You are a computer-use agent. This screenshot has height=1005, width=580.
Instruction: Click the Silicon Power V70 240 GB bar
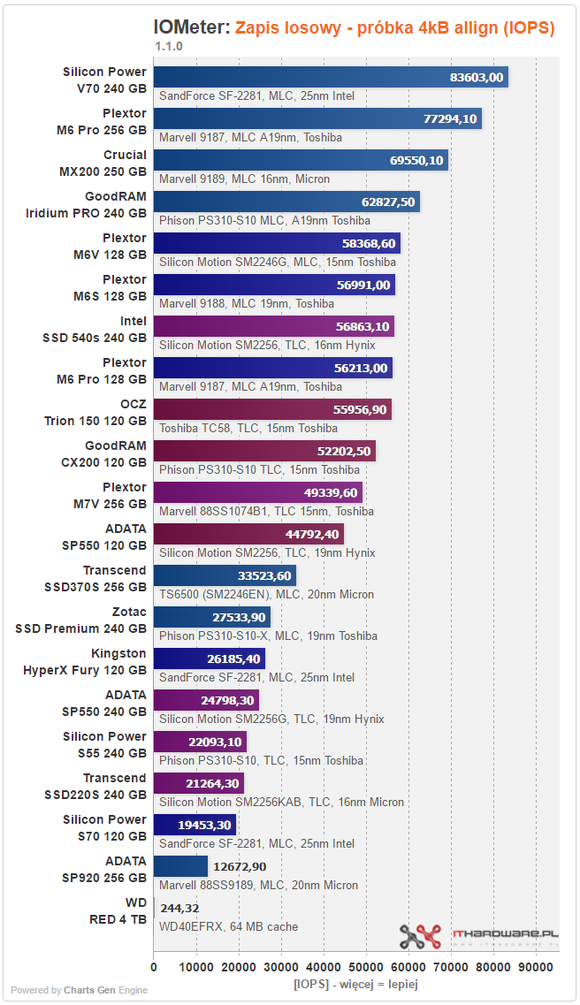click(331, 77)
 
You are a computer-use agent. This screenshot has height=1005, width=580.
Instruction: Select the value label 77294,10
click(450, 118)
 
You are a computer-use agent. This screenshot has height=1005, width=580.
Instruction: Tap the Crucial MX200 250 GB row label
click(103, 164)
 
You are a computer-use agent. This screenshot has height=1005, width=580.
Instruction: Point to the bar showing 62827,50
click(286, 202)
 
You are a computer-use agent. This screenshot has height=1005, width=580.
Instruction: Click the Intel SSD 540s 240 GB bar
click(274, 326)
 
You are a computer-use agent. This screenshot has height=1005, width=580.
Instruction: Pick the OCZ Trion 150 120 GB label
click(95, 413)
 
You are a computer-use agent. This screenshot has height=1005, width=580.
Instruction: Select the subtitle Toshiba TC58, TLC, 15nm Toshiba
click(248, 428)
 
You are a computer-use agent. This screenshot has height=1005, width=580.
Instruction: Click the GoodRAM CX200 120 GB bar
click(264, 451)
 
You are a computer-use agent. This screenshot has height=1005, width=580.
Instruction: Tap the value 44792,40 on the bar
click(312, 534)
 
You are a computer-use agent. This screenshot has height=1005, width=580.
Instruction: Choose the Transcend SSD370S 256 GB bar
click(225, 575)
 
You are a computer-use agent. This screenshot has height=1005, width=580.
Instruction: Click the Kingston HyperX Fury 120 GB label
click(85, 662)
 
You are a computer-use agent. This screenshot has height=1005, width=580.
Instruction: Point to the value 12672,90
click(240, 866)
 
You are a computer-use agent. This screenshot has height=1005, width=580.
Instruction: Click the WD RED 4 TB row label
click(118, 911)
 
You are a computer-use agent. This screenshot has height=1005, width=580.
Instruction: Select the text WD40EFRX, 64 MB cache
click(229, 927)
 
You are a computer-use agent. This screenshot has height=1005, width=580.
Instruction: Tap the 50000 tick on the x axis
click(365, 967)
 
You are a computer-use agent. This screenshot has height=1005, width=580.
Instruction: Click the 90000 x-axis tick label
click(535, 967)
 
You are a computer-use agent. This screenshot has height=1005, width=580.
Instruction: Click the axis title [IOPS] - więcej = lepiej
click(355, 984)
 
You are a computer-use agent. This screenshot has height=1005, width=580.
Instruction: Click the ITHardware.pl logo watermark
click(478, 937)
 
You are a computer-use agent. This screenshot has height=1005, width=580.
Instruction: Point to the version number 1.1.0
click(169, 46)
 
